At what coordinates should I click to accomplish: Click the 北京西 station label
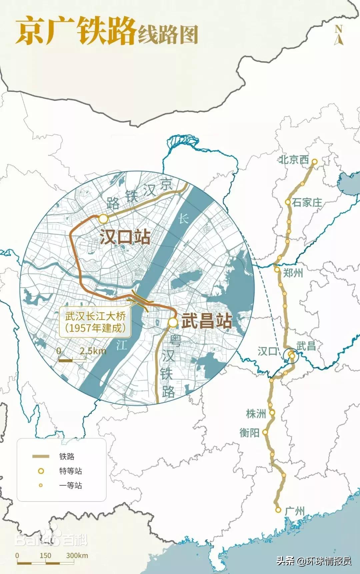pos(294,159)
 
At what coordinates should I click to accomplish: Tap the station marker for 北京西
pos(314,162)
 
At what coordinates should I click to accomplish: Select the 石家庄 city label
pos(307,202)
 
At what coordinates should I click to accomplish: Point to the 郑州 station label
pos(293,273)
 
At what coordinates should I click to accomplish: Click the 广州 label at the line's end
pos(295,511)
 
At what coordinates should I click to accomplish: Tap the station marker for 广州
pos(278,510)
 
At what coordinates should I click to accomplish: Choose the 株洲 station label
pos(256,414)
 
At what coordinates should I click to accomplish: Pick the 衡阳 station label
pos(249,433)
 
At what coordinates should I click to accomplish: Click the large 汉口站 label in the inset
pos(125,237)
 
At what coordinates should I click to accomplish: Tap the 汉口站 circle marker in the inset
pos(103,219)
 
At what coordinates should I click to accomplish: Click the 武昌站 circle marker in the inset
pos(173,322)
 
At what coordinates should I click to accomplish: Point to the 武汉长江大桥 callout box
pos(95,322)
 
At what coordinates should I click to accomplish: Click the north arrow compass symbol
pos(339,35)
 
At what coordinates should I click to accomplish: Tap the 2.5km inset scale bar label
pos(93,351)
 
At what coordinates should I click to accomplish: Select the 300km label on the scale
pos(77,555)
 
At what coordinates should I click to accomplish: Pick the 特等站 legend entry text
pos(70,471)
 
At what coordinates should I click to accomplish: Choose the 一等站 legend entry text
pos(70,485)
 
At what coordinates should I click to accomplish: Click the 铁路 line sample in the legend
pos(41,456)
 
